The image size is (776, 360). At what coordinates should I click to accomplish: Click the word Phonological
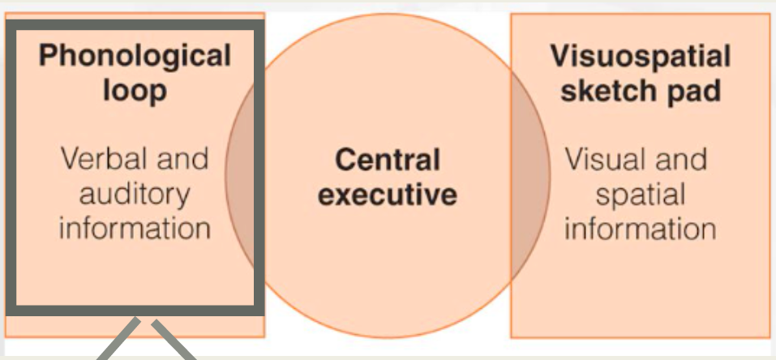click(135, 57)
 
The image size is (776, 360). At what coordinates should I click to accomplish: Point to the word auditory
click(135, 193)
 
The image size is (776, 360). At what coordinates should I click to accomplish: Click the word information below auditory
click(135, 227)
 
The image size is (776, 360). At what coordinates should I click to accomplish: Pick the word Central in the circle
click(388, 160)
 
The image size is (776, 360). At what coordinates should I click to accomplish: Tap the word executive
click(388, 195)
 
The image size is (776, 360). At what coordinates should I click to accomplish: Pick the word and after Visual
click(678, 158)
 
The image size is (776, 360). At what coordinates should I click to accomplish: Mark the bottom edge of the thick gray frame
click(135, 311)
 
